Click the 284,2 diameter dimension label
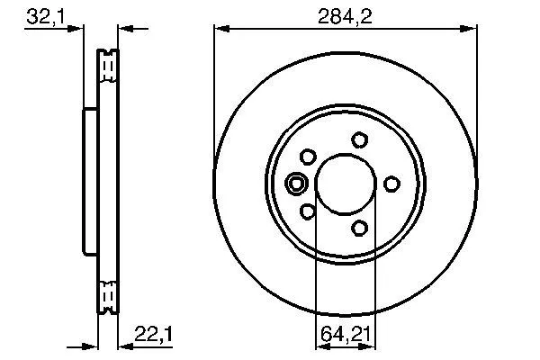click(x=345, y=16)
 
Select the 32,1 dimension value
click(x=46, y=16)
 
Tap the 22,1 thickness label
click(x=153, y=334)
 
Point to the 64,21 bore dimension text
click(x=346, y=334)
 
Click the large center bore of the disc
click(x=346, y=184)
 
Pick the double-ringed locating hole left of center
click(x=296, y=184)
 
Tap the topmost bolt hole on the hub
click(x=359, y=140)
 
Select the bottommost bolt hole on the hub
click(x=359, y=228)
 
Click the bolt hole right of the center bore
click(x=391, y=184)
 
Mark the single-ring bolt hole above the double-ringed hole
click(x=308, y=157)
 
